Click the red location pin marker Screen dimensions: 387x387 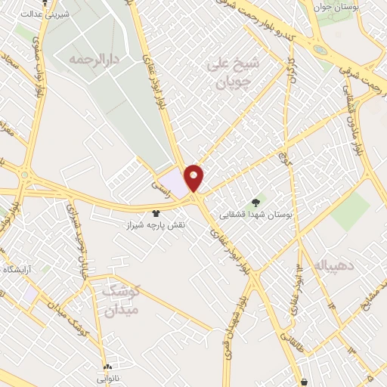click(x=194, y=177)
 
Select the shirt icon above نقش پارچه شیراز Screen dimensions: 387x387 click(x=156, y=212)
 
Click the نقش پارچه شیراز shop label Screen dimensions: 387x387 click(x=156, y=225)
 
